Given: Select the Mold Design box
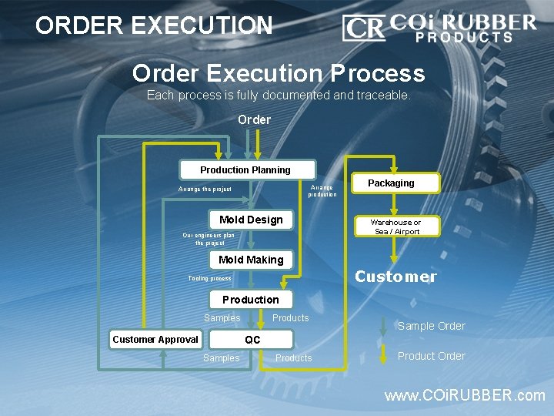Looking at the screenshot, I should [x=251, y=220].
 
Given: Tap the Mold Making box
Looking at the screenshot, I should [x=251, y=260].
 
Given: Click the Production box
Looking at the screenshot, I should [x=251, y=299].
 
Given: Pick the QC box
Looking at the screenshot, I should [x=252, y=339].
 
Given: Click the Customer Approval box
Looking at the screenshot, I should [x=155, y=339].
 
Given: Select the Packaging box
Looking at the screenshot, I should [x=391, y=183].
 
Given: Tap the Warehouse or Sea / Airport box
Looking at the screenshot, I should [x=395, y=226].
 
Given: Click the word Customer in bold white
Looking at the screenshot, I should [x=395, y=277].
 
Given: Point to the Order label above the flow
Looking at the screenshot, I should [x=254, y=119].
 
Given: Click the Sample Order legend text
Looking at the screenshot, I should [x=431, y=326].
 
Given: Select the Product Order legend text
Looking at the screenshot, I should [x=431, y=356].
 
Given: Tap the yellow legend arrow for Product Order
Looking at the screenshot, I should [x=384, y=354].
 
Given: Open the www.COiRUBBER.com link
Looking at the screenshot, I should [x=464, y=396].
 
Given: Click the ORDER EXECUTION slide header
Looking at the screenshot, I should [x=154, y=25].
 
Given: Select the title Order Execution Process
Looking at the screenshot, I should [x=278, y=73].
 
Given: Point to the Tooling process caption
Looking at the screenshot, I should [x=209, y=278].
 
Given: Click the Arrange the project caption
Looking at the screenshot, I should [x=205, y=189].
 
